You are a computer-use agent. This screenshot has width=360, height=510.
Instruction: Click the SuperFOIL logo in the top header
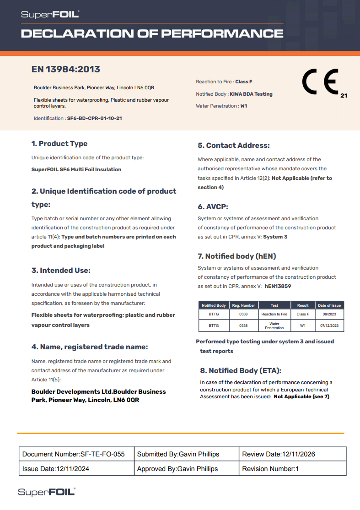click(50, 15)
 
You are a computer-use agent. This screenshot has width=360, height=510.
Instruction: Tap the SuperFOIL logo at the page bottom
click(47, 492)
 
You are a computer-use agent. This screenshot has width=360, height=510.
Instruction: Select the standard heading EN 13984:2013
click(66, 70)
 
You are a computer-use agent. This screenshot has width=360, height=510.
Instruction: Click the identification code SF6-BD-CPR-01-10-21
click(94, 118)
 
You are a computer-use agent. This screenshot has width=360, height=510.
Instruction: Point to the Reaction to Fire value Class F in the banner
click(244, 82)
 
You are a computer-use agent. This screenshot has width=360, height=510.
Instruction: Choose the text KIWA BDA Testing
click(251, 94)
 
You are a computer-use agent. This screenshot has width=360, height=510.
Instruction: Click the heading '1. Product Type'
click(59, 144)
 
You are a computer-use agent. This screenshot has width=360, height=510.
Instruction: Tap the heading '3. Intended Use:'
click(61, 271)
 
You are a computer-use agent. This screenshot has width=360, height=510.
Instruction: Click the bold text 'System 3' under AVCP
click(275, 237)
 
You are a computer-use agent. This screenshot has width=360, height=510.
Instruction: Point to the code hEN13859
click(278, 286)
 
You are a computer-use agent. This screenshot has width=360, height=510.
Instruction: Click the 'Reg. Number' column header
click(243, 305)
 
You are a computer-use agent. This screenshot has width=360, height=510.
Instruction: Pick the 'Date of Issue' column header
click(329, 305)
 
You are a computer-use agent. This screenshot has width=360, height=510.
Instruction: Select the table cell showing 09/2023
click(329, 314)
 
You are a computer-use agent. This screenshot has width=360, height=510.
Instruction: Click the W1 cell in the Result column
click(302, 326)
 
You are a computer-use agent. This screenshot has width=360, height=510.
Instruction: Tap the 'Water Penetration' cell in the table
click(274, 326)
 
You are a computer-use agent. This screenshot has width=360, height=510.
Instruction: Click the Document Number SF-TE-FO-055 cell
click(76, 454)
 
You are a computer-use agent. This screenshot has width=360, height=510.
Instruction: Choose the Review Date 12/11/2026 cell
click(292, 454)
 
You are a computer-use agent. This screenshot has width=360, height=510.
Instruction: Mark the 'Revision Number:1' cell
click(292, 469)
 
